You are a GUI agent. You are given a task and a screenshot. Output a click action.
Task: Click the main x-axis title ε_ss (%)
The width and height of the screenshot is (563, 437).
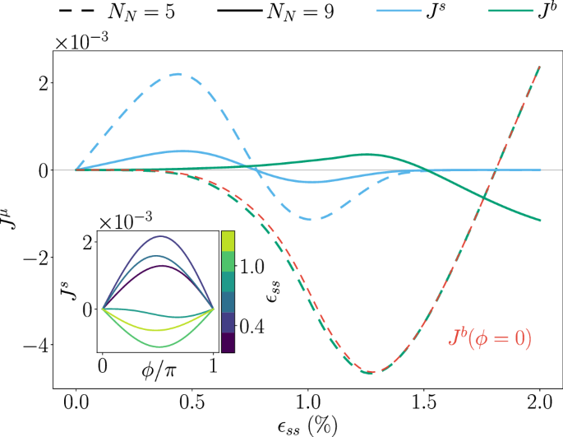click(x=307, y=426)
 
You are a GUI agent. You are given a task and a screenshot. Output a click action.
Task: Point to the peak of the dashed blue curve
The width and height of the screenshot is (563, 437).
click(x=179, y=74)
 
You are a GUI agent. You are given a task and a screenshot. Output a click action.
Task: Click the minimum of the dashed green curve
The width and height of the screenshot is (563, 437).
click(x=371, y=373)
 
